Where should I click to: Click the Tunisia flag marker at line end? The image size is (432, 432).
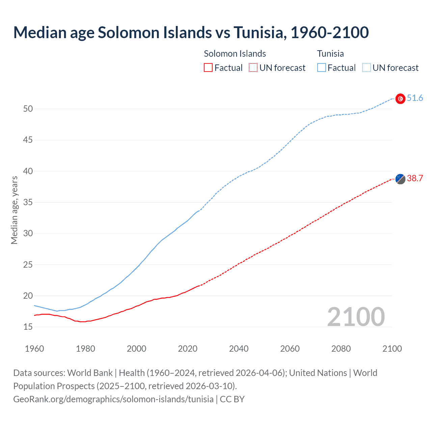[x=400, y=99]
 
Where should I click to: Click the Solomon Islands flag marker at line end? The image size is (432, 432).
[x=400, y=179]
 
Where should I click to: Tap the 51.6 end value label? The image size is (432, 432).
[x=415, y=98]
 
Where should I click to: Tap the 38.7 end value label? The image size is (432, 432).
[x=415, y=179]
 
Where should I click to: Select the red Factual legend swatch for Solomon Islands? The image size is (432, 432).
[x=208, y=68]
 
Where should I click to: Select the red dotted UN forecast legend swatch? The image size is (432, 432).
[x=253, y=68]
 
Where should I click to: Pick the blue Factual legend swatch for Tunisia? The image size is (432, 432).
[x=321, y=68]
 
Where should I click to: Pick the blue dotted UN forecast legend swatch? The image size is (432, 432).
[x=366, y=68]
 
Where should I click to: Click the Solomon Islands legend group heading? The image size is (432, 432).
[x=235, y=54]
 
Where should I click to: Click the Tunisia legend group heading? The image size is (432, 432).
[x=330, y=54]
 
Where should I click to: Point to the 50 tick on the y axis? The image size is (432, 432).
[x=28, y=109]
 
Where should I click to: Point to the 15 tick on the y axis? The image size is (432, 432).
[x=28, y=327]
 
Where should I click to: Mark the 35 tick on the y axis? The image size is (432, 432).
[x=28, y=202]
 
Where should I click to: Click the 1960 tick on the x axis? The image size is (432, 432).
[x=34, y=349]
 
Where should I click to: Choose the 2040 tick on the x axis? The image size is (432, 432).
[x=239, y=349]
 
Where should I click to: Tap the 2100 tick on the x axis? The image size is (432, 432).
[x=392, y=349]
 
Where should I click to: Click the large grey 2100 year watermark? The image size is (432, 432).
[x=356, y=317]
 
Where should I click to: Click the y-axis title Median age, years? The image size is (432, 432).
[x=14, y=210]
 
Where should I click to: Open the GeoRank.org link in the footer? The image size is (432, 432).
[x=113, y=399]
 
